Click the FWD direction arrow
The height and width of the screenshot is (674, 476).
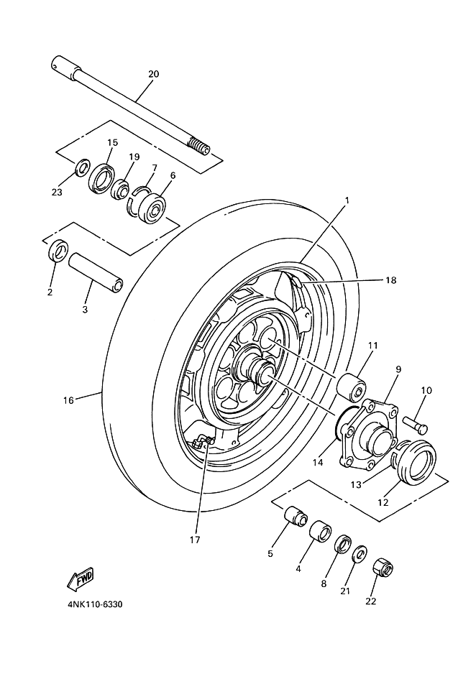pos(81,581)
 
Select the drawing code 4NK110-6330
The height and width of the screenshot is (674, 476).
pos(95,605)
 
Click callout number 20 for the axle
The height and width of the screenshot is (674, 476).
pos(153,74)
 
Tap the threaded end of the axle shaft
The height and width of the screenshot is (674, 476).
pos(199,147)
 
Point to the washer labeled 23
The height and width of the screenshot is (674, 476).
pos(82,167)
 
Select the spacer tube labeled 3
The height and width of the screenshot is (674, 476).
pos(95,271)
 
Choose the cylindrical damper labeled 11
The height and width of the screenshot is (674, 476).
pos(352,387)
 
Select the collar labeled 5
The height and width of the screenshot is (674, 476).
pos(296,514)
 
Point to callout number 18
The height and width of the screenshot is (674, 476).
pos(390,280)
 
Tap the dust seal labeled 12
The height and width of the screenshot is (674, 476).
pos(415,461)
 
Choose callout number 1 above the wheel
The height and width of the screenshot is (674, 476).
pos(347,200)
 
